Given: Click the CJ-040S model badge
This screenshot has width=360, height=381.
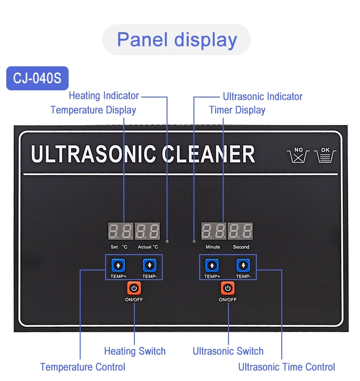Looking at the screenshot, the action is coord(37,78).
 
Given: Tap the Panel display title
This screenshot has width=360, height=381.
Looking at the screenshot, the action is coord(177,39).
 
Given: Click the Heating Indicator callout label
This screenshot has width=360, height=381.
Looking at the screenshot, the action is coord(104,96).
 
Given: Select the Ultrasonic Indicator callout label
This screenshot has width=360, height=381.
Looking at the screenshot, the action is coord(263,97).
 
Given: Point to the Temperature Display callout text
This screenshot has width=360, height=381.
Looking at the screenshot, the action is coord(93,110).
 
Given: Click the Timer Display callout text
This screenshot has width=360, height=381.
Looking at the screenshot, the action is coord(237,110).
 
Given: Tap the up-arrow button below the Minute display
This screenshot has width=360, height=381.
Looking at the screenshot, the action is coord(212,265).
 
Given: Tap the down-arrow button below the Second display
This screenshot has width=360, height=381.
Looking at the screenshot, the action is coord(243,265).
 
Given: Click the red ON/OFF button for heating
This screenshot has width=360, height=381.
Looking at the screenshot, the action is coord(134,288).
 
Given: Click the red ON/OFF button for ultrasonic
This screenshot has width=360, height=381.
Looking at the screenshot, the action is coord(228,288).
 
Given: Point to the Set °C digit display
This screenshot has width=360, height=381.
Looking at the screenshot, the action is coord(120,232).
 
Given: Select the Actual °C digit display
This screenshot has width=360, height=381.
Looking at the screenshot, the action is coord(147,232).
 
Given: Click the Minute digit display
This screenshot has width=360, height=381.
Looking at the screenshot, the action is coord(213,232).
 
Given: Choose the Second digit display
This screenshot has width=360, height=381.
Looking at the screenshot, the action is coord(240,232).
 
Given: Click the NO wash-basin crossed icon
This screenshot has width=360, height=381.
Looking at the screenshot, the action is coord(299,155).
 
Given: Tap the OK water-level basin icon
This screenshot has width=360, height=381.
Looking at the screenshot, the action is coord(325,155).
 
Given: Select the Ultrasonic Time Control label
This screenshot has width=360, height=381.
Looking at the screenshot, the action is coord(287,367).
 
